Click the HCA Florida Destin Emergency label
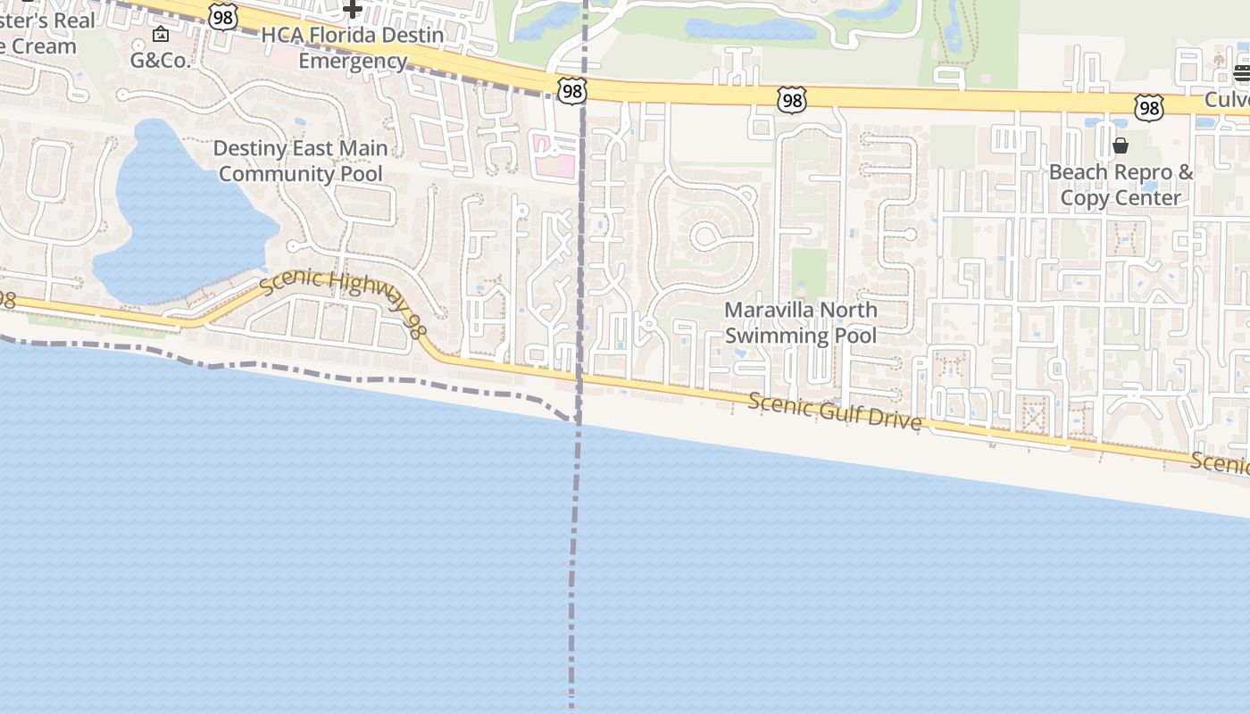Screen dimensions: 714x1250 point(353,48)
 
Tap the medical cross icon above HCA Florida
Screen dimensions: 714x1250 point(353,10)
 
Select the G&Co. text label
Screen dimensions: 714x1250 point(161,61)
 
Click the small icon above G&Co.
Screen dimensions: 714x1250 point(161,35)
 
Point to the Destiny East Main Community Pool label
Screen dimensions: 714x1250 point(300,162)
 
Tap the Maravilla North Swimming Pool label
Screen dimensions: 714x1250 point(800,322)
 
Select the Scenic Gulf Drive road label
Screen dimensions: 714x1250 point(834,411)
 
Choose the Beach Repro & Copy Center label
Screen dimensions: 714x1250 point(1121,185)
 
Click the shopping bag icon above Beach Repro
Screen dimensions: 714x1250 point(1121,145)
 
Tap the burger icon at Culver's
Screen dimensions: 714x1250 point(1242,73)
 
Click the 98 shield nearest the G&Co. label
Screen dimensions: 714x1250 point(223,15)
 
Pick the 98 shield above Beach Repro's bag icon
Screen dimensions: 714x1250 point(1148,108)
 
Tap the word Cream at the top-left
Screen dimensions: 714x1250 point(45,46)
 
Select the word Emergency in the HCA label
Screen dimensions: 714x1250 point(353,61)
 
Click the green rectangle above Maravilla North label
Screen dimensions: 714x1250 point(809,272)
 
